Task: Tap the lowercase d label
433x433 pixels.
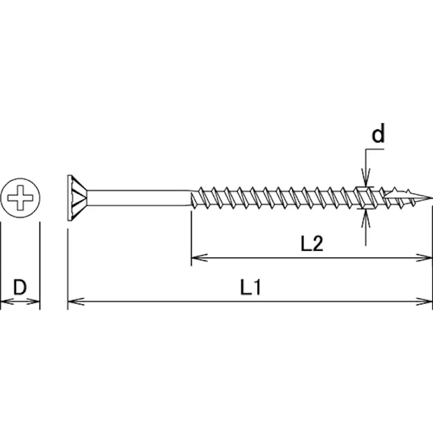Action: click(x=378, y=134)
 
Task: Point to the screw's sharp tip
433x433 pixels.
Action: click(x=430, y=197)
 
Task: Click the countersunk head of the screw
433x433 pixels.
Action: click(x=77, y=197)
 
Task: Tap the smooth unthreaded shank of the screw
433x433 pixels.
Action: click(x=140, y=197)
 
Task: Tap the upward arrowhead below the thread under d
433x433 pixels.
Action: click(x=366, y=214)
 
